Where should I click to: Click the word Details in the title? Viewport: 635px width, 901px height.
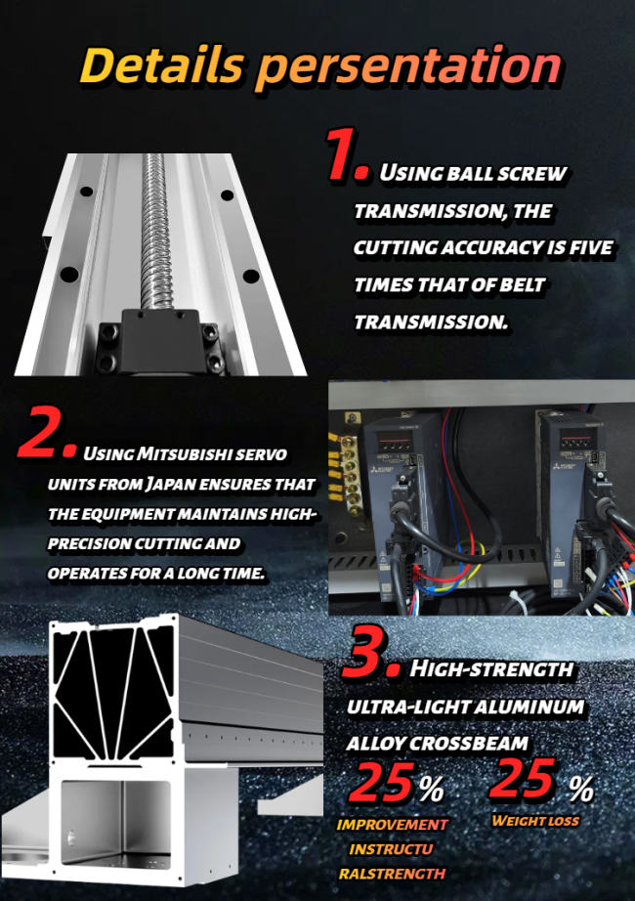[x=162, y=64]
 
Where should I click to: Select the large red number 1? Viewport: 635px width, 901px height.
[x=347, y=154]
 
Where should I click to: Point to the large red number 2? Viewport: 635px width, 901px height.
[x=47, y=432]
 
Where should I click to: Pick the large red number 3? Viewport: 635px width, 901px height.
[x=370, y=651]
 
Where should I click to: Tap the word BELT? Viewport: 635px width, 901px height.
[x=522, y=284]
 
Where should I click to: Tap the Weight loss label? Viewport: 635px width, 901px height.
[x=535, y=821]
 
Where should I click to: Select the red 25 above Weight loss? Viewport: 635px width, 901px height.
[x=523, y=779]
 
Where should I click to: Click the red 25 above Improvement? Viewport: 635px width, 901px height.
[x=382, y=782]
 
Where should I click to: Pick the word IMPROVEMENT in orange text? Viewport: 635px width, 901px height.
[x=393, y=825]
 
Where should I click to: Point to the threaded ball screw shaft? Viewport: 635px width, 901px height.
[x=154, y=231]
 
